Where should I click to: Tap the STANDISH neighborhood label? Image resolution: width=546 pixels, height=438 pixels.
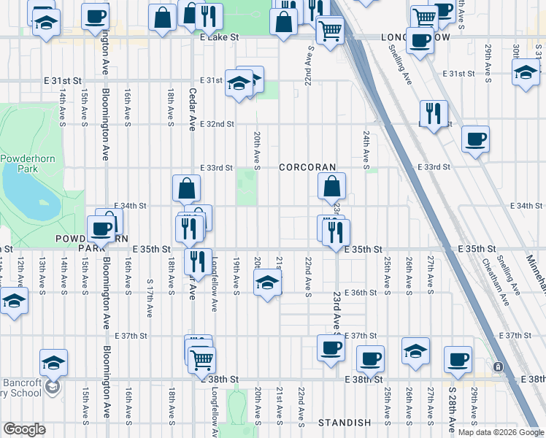[345, 423]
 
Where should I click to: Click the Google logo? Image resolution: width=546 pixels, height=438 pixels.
[24, 429]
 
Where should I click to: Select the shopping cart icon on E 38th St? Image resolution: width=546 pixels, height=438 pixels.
[202, 358]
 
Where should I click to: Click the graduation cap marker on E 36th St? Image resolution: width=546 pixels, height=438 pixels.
[267, 283]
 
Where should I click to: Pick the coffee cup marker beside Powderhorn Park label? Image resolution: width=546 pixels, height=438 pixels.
[100, 229]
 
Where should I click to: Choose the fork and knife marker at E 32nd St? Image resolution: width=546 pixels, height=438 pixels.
[434, 113]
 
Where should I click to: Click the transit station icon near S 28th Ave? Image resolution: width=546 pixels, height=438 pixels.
[498, 366]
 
